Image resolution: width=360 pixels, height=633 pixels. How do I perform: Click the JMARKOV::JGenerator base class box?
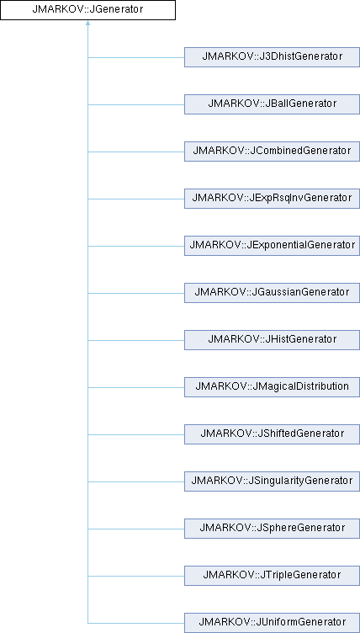(87, 10)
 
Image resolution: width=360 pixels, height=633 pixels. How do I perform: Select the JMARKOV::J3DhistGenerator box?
(272, 57)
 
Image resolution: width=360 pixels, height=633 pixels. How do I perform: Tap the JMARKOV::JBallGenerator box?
(272, 104)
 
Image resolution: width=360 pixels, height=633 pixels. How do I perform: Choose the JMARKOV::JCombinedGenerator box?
(272, 152)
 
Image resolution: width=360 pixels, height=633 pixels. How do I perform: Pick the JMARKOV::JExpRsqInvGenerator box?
(272, 199)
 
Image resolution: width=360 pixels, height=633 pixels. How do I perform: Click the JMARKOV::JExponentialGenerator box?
(272, 246)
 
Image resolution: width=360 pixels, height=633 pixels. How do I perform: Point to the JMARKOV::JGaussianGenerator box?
(272, 293)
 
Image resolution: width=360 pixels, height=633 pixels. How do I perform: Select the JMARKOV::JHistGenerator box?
(272, 340)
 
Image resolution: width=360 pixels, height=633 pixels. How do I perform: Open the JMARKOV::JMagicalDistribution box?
(272, 387)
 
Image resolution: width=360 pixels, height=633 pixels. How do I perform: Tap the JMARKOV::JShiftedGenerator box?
(272, 434)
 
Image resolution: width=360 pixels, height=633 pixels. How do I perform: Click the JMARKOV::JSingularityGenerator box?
(272, 481)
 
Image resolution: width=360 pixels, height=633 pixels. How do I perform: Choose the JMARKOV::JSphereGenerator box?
(272, 529)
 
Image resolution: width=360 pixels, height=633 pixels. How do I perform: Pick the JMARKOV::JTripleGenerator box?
(272, 576)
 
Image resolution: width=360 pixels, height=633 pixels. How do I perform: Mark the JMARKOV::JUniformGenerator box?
(272, 623)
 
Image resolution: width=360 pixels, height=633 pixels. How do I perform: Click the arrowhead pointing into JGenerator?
(87, 23)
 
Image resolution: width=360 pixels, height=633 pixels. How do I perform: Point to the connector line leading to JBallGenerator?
(136, 104)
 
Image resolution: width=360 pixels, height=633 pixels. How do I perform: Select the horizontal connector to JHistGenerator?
(136, 340)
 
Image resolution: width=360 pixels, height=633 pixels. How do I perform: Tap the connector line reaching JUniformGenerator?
(136, 623)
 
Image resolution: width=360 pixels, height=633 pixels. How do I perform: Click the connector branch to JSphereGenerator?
(136, 529)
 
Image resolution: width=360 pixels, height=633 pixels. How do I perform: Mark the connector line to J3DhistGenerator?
(136, 57)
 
